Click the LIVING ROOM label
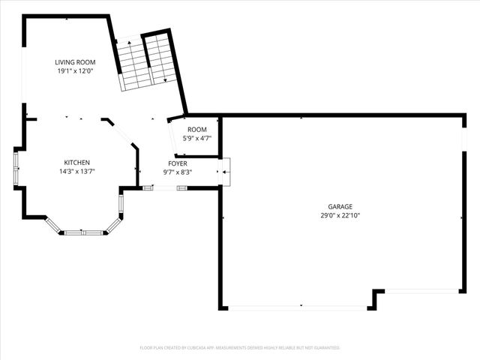tap(73, 62)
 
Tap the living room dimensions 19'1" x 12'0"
tap(73, 71)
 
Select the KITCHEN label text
tap(76, 163)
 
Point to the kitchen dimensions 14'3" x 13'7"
tap(76, 172)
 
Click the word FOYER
tap(178, 163)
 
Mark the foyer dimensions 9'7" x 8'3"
tap(178, 172)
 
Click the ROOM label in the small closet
tap(197, 129)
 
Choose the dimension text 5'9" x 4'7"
tap(197, 138)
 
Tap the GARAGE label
tap(340, 206)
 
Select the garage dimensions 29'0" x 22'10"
tap(340, 215)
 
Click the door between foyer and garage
tap(226, 172)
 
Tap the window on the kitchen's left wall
tap(16, 169)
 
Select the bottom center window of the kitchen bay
tap(82, 232)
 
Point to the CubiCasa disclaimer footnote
tap(240, 347)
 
